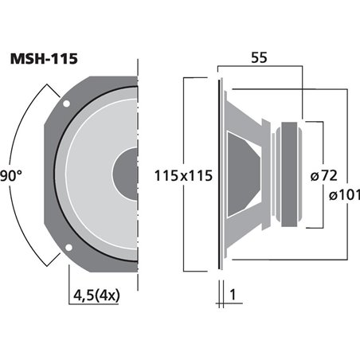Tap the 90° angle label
pyautogui.click(x=10, y=174)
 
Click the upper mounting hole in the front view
pyautogui.click(x=68, y=104)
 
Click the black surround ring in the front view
pyautogui.click(x=58, y=174)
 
